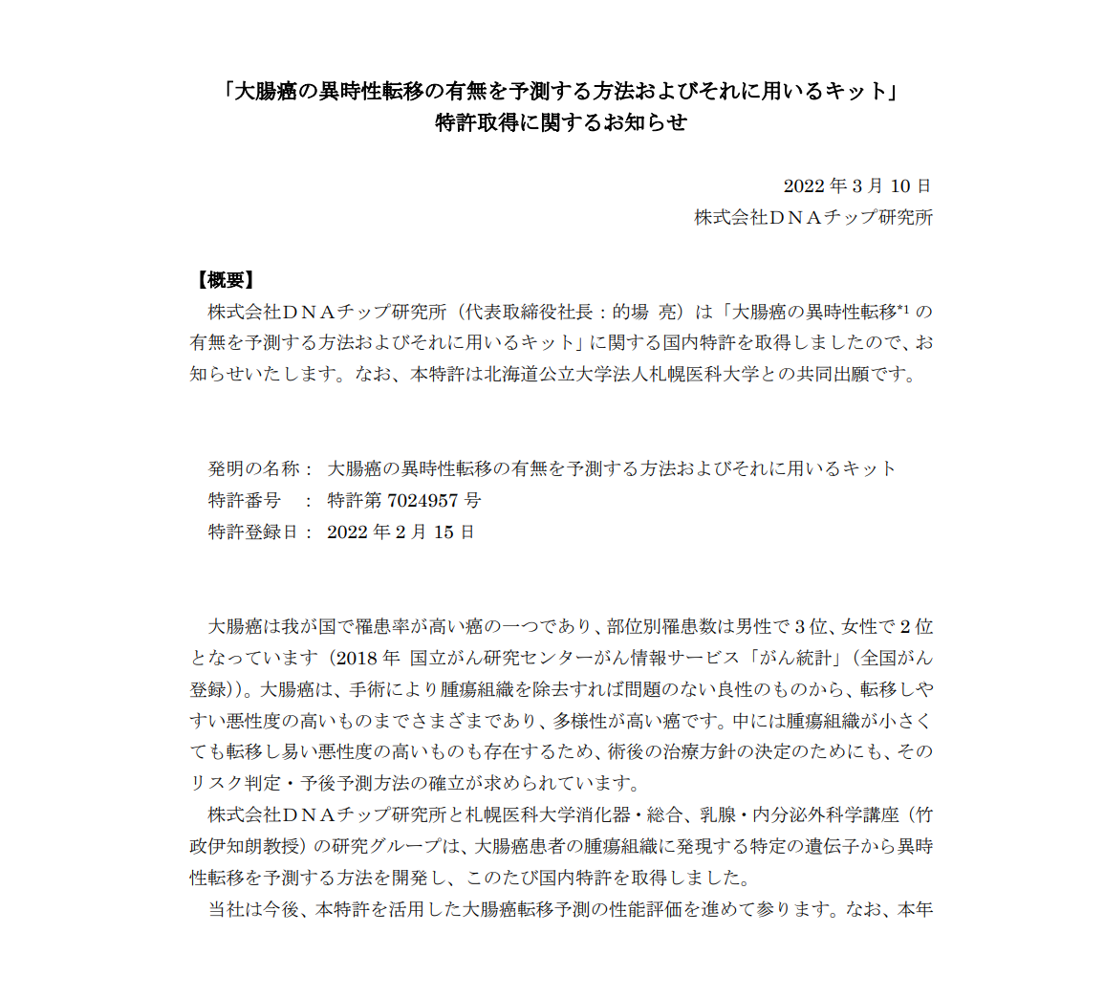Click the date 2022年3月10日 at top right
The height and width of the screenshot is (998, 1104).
coord(856,185)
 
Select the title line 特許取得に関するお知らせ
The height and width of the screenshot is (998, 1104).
coord(561,122)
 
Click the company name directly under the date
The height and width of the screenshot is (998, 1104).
coord(813,217)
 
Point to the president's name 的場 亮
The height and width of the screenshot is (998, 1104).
coord(647,312)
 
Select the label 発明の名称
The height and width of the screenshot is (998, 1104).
coord(254,468)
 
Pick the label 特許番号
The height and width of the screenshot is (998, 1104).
coord(245,500)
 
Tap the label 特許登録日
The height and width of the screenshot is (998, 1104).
coord(254,532)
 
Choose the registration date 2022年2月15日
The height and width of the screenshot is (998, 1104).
coord(400,532)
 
